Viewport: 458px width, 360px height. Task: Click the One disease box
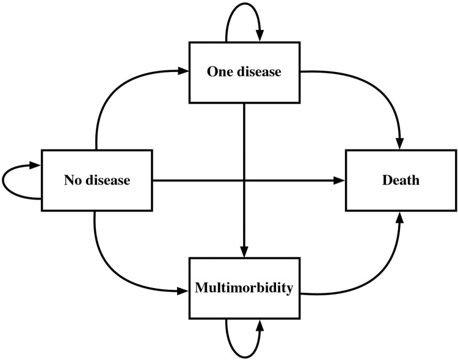tap(244, 72)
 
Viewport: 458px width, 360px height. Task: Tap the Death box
tap(401, 181)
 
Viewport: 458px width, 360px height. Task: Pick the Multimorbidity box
tap(244, 288)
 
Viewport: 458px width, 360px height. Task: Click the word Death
tap(401, 181)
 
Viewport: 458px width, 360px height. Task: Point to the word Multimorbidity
tap(244, 288)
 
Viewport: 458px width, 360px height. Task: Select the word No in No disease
tap(72, 181)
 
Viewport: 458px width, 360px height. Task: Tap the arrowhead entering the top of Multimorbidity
tap(244, 251)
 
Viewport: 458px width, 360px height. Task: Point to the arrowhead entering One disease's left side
tap(184, 71)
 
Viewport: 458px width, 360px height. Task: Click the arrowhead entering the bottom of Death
tap(401, 217)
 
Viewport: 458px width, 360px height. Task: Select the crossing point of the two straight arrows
tap(244, 181)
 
